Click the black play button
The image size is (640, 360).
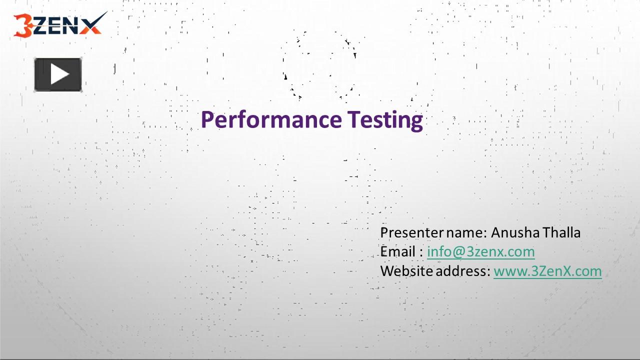click(x=57, y=75)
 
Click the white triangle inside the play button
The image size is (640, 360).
click(x=59, y=75)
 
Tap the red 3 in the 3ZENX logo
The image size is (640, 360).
click(x=22, y=26)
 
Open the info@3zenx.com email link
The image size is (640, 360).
click(x=480, y=251)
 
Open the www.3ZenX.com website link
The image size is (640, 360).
click(x=547, y=271)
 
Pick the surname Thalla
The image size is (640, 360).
click(x=561, y=232)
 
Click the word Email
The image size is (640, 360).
click(x=398, y=251)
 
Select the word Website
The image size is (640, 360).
click(x=406, y=271)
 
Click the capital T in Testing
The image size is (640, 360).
click(x=352, y=119)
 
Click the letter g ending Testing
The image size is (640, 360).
click(x=416, y=122)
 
